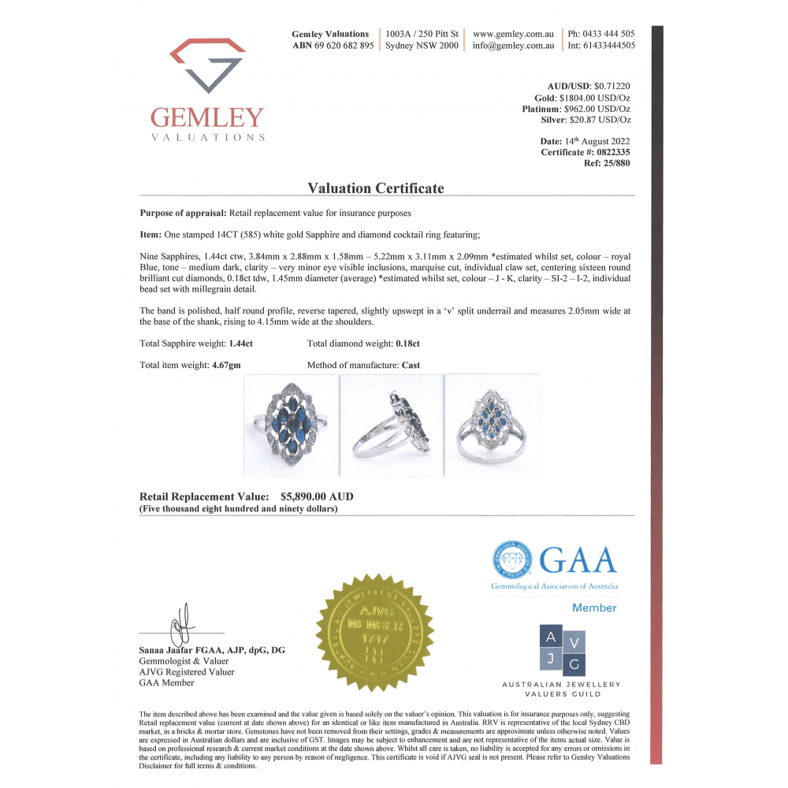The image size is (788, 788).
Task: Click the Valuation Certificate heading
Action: click(376, 188)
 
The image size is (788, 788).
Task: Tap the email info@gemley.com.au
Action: click(514, 46)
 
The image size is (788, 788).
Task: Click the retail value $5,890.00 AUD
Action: click(317, 497)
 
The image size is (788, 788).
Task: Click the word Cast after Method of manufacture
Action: click(411, 366)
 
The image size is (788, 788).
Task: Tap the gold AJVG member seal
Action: click(375, 633)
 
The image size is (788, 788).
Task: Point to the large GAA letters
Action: click(578, 560)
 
